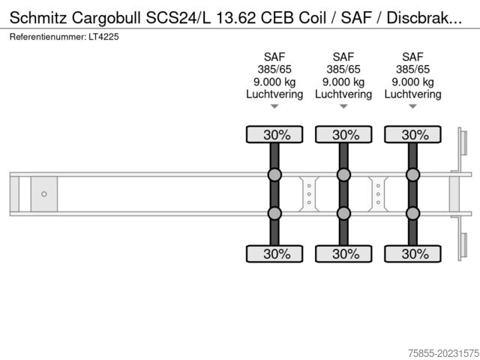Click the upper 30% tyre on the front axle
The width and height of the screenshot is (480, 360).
tap(274, 134)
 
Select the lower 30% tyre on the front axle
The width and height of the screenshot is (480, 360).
tap(274, 253)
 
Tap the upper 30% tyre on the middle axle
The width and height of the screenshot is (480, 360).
tap(343, 134)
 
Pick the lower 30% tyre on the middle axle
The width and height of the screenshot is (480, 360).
tap(343, 253)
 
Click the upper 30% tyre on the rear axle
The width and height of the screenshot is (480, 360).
tap(412, 134)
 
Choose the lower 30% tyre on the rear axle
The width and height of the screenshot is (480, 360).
tap(412, 253)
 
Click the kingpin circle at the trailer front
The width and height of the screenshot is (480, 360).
tap(44, 194)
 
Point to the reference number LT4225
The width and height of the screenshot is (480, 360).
tap(103, 37)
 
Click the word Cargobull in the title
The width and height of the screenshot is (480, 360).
tap(106, 18)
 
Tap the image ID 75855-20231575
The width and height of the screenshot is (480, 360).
tap(443, 353)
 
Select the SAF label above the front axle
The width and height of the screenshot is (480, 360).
tap(274, 57)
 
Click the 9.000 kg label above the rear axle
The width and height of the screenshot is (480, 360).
tap(412, 82)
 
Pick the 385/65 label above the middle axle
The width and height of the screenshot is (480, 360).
tap(343, 70)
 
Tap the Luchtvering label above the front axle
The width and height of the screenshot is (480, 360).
tap(274, 94)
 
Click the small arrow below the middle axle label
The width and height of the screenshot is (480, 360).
tap(343, 106)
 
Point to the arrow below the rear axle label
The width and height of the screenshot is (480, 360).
tap(412, 106)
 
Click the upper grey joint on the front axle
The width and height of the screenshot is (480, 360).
tap(274, 175)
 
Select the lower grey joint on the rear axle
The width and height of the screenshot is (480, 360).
tap(412, 213)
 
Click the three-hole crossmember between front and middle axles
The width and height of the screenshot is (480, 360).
tap(309, 194)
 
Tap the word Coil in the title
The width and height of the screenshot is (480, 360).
tap(312, 18)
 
